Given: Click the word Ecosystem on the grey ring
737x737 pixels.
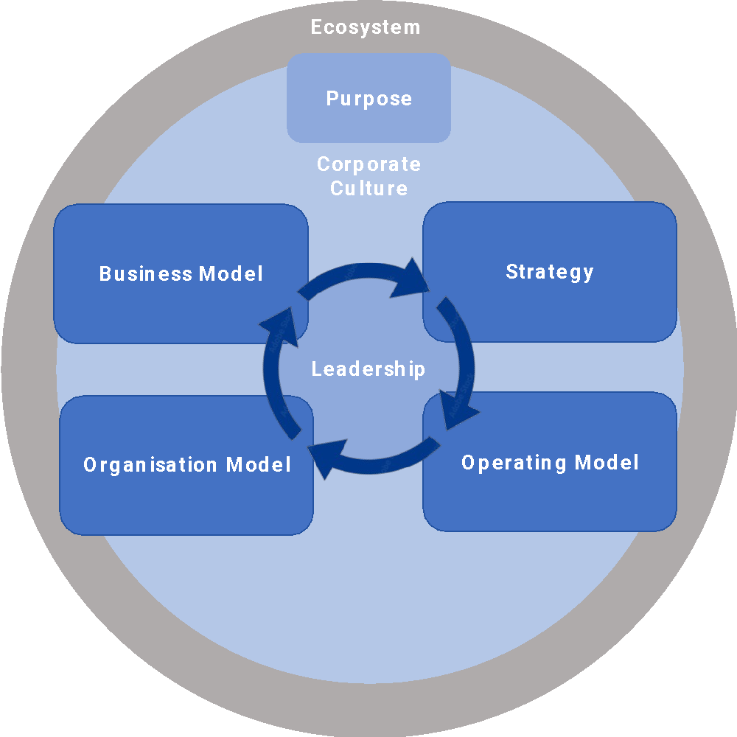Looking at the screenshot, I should click(366, 28).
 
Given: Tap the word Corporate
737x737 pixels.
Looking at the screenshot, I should click(368, 164).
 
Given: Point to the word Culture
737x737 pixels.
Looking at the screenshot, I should click(368, 189).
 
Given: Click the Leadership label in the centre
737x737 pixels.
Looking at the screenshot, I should click(368, 368).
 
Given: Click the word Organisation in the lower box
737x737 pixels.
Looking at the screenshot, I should click(150, 465).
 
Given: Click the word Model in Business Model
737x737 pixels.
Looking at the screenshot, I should click(231, 274).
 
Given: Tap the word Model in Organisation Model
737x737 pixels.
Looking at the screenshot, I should click(259, 465).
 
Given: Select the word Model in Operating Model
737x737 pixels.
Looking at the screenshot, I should click(607, 463).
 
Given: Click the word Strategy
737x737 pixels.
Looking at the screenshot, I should click(549, 272).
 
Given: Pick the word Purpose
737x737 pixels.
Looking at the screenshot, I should click(368, 99).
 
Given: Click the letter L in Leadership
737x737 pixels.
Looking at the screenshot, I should click(316, 369).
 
